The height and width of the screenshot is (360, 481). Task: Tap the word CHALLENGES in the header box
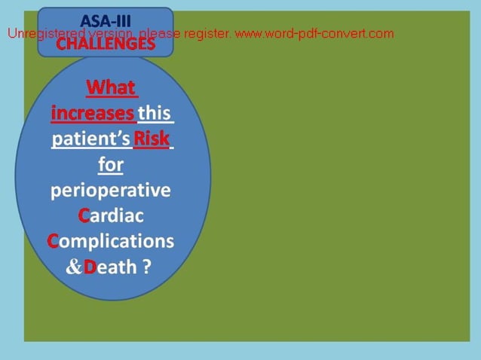coord(106,44)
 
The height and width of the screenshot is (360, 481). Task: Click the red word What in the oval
coord(112,88)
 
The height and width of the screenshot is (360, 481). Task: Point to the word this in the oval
coord(156,114)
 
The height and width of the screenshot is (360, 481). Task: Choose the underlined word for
coord(111,164)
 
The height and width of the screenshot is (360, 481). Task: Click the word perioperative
coord(111,191)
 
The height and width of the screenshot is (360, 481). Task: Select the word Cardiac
coord(111,215)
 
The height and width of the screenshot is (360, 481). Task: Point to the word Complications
coord(111,241)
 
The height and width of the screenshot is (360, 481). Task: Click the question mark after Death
coord(146,267)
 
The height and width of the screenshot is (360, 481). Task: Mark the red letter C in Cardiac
coord(84,215)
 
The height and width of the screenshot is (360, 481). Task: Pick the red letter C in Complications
coord(53,241)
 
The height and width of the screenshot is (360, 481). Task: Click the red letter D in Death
coord(90,267)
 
